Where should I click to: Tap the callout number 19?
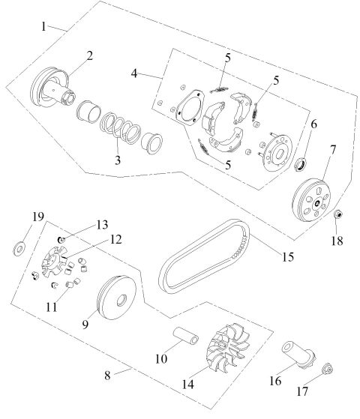[x=16, y=218]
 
